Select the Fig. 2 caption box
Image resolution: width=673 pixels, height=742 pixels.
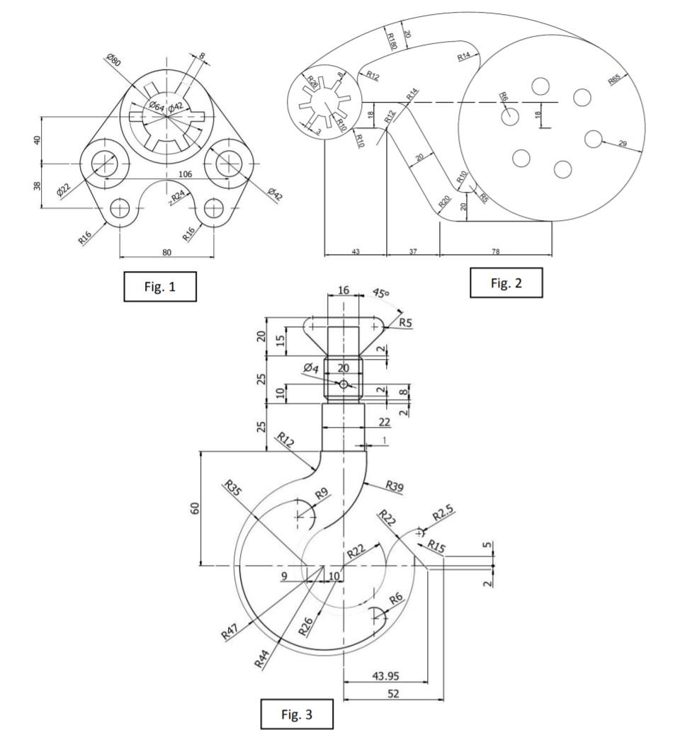pyautogui.click(x=506, y=283)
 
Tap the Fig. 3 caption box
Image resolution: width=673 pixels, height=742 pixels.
pyautogui.click(x=297, y=714)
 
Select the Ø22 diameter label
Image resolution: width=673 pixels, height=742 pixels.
pyautogui.click(x=63, y=191)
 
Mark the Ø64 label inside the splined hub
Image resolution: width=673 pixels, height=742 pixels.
pyautogui.click(x=156, y=106)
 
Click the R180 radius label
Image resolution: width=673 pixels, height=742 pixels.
pyautogui.click(x=392, y=40)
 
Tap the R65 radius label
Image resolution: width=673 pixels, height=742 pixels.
pyautogui.click(x=614, y=81)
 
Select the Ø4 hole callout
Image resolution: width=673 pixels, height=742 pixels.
pyautogui.click(x=312, y=367)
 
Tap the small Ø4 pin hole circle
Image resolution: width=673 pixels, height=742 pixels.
pyautogui.click(x=344, y=384)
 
